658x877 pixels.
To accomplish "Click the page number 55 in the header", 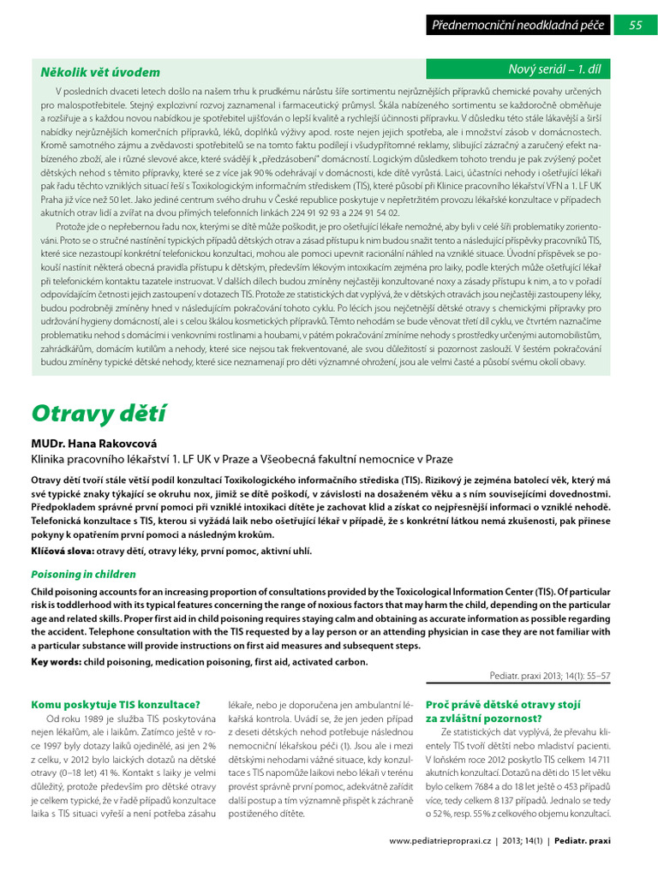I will (x=635, y=25).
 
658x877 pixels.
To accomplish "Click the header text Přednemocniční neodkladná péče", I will (x=518, y=26).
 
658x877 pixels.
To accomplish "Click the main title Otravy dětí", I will (x=99, y=413).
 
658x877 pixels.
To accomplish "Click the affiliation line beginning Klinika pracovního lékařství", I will (x=242, y=459).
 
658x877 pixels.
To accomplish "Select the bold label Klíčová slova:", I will (x=63, y=551).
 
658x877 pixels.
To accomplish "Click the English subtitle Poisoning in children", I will (x=83, y=575).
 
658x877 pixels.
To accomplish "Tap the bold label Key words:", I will (x=56, y=661).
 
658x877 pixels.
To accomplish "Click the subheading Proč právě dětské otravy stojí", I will (x=503, y=704).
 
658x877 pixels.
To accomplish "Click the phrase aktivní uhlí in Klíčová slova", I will (x=288, y=551).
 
